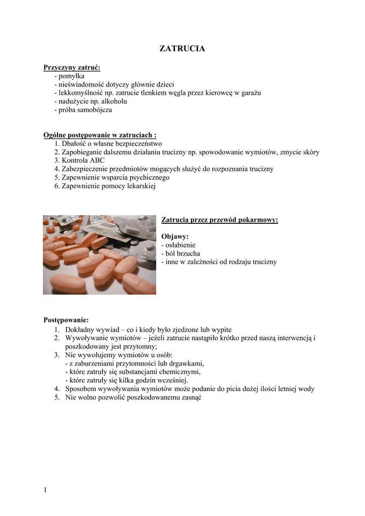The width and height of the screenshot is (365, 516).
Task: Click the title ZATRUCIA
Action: (x=182, y=49)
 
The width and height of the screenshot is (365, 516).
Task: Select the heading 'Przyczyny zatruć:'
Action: (x=72, y=67)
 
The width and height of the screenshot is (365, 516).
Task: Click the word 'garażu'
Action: (x=251, y=93)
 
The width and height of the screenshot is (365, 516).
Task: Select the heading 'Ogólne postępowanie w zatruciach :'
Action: (x=100, y=135)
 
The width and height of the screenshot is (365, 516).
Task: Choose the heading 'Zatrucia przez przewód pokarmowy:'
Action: (x=220, y=220)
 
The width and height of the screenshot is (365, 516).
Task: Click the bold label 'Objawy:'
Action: (x=175, y=236)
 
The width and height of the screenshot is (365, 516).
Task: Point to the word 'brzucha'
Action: (x=189, y=253)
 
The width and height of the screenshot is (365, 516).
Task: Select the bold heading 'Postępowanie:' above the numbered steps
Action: (x=66, y=320)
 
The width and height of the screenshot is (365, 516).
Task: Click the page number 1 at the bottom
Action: (x=45, y=490)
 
